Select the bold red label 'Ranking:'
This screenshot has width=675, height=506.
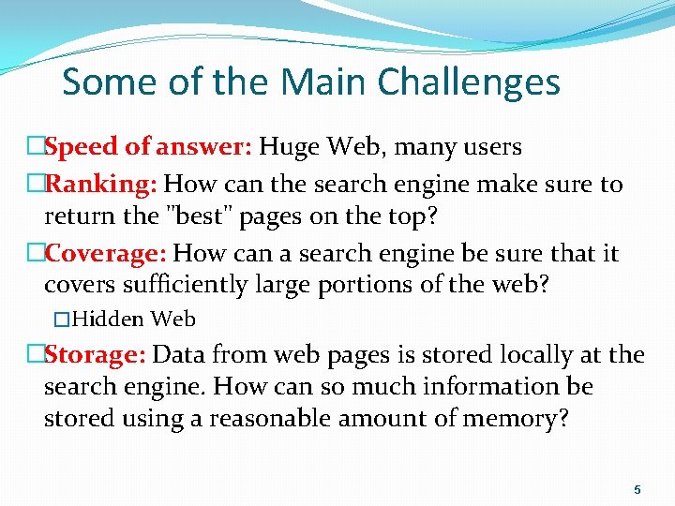100,184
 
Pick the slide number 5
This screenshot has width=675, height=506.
637,489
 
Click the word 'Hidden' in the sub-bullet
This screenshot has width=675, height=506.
107,320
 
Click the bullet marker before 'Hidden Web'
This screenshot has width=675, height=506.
63,320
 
